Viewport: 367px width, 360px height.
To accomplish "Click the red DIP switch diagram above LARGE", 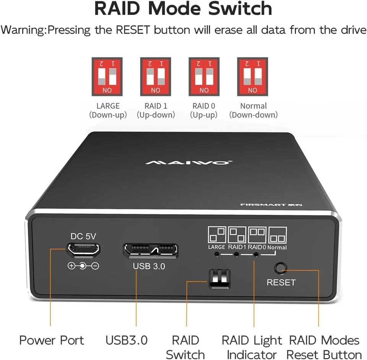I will click(107, 77).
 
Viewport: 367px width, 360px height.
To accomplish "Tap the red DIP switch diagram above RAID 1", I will click(156, 77).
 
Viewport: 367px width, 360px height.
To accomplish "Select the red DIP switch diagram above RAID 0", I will click(204, 77).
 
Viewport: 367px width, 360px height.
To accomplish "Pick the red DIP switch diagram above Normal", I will click(253, 77).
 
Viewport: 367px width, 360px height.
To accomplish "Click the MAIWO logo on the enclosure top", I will click(188, 163).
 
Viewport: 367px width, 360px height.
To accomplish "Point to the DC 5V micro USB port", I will click(83, 249).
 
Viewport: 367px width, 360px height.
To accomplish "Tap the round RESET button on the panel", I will click(281, 268).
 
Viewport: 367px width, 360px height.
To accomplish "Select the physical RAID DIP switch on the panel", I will click(219, 279).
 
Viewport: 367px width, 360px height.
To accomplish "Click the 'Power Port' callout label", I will click(52, 340).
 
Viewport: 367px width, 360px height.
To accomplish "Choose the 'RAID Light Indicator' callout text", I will click(252, 347).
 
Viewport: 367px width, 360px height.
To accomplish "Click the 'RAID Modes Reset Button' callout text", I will click(324, 347).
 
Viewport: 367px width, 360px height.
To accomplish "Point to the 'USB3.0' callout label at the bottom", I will click(127, 340).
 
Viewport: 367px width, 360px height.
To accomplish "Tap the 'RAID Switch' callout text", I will click(185, 347).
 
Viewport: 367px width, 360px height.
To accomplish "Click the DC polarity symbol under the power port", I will click(83, 266).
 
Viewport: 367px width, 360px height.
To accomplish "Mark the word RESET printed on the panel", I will click(281, 283).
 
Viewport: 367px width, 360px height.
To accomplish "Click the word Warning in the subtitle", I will click(23, 30).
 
